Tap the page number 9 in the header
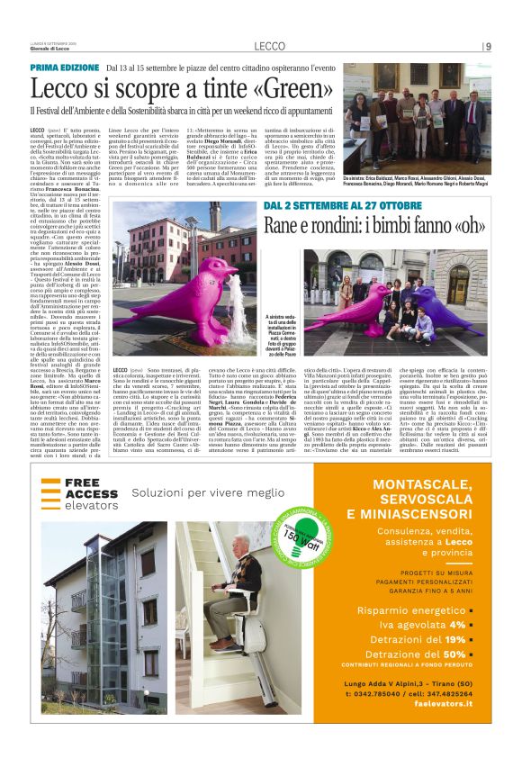(488, 46)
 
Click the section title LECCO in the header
(269, 46)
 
